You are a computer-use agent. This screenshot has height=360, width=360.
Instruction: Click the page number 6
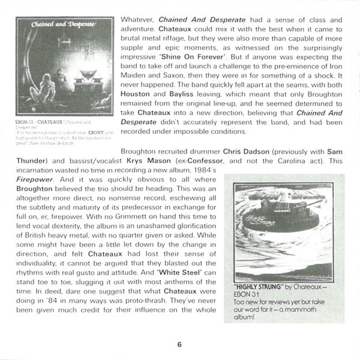179,344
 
